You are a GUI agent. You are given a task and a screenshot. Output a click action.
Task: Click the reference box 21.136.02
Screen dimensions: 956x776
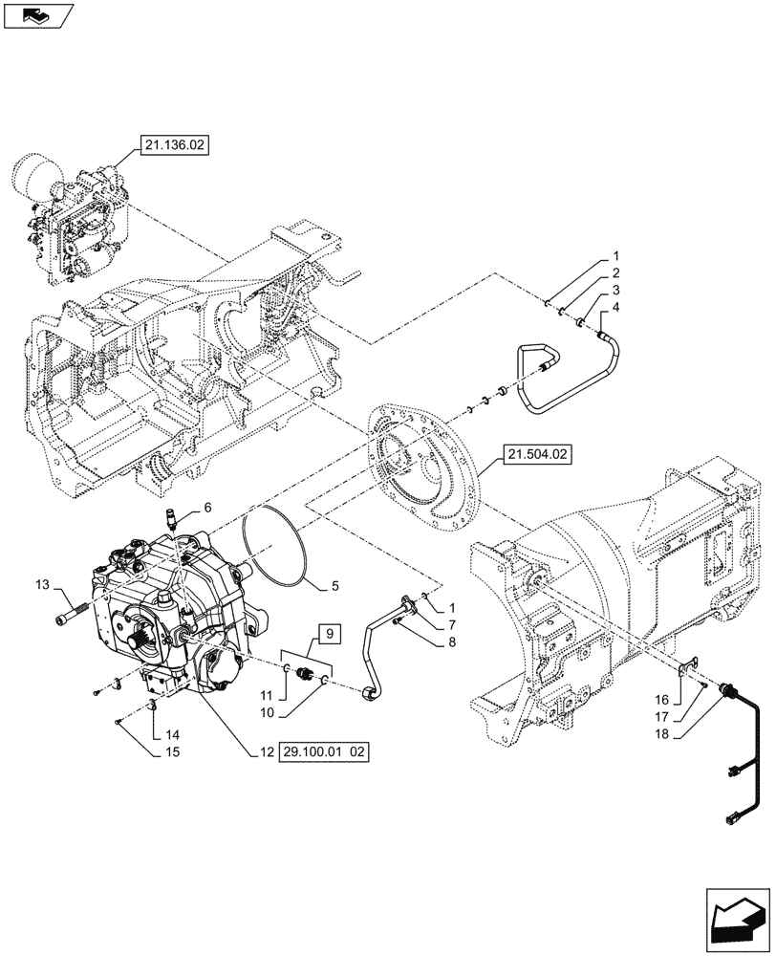[173, 146]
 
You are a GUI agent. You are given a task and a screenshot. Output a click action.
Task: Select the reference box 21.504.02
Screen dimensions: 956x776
[533, 457]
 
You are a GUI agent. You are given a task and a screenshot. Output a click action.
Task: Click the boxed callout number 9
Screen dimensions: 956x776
[328, 634]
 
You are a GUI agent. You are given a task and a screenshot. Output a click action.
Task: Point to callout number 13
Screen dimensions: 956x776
[41, 585]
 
